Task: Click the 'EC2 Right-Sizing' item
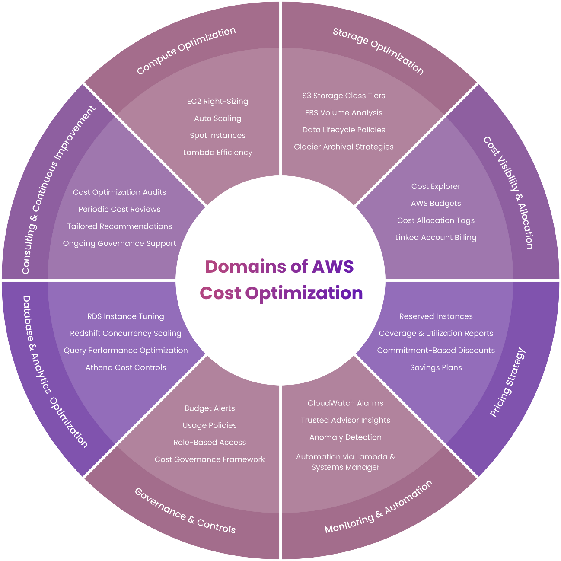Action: (217, 102)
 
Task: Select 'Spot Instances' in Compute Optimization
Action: (217, 136)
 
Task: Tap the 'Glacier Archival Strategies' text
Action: (344, 147)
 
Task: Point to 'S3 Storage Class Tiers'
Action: (344, 96)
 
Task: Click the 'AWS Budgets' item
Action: (436, 204)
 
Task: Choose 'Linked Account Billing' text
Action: (436, 238)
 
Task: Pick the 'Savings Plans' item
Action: (436, 367)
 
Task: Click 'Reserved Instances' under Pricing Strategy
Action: (436, 316)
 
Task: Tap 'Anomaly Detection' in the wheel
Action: (345, 437)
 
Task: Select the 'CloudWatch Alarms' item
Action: (345, 403)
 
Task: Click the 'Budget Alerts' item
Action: (210, 408)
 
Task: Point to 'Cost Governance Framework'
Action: (210, 459)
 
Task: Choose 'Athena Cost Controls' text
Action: (126, 367)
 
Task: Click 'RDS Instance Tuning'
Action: (126, 316)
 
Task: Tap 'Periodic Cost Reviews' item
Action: (119, 210)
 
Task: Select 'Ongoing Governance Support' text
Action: (119, 244)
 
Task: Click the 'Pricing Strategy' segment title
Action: (508, 382)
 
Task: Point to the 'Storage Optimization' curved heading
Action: (378, 51)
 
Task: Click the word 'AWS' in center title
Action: (333, 267)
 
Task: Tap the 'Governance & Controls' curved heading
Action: (185, 511)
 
